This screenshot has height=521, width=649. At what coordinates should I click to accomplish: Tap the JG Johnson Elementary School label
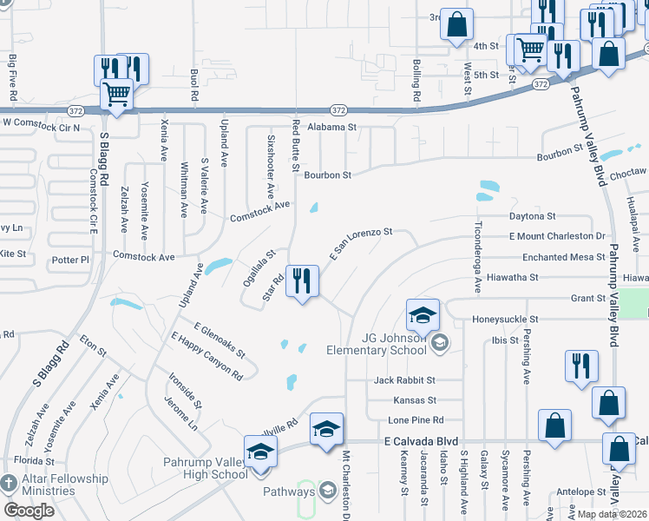tap(376, 344)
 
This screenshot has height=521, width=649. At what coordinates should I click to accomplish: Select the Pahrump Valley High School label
tap(206, 468)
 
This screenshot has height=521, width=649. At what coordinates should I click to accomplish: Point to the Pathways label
tap(290, 491)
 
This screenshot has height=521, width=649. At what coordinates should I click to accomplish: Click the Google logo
tap(29, 510)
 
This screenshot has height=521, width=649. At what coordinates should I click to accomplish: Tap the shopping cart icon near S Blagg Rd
tap(116, 94)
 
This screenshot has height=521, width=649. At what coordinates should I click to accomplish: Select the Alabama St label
tap(331, 127)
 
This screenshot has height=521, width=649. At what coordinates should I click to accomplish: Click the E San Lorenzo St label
tap(361, 243)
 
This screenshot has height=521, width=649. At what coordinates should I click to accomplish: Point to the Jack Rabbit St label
tap(404, 380)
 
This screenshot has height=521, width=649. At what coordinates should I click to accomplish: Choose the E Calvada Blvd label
tap(420, 441)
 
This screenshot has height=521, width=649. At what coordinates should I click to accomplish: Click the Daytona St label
tap(532, 215)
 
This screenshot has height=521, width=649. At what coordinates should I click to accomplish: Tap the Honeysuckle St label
tap(505, 320)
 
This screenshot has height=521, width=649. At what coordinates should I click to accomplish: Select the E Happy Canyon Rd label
tap(206, 357)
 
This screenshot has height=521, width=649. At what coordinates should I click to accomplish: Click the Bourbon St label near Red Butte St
tap(327, 175)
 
